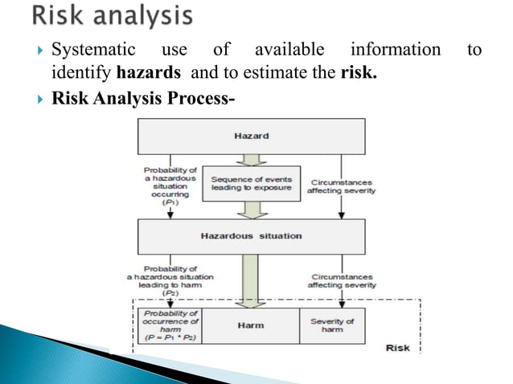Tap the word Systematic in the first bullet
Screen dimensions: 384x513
[x=90, y=51]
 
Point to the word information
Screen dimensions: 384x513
[x=396, y=51]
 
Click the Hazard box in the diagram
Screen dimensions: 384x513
[x=251, y=137]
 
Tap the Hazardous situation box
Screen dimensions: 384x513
[x=251, y=236]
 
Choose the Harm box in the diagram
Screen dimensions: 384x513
[x=251, y=325]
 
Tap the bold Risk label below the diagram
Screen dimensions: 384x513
[x=397, y=348]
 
